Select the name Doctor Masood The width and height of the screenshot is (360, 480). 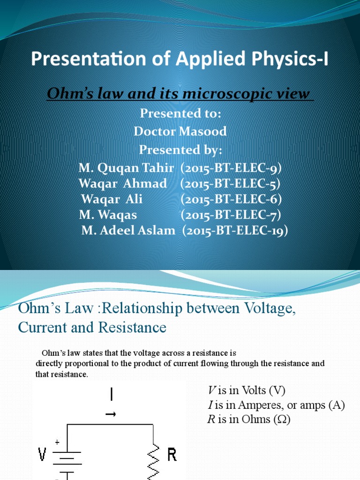[x=180, y=131]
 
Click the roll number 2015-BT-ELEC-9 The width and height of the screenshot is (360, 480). [x=231, y=168]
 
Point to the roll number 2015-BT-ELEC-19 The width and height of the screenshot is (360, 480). [x=235, y=231]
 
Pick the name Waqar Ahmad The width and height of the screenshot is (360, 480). [x=123, y=184]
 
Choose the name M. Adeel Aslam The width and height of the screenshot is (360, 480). [x=128, y=230]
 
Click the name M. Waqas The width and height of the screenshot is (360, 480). [x=108, y=215]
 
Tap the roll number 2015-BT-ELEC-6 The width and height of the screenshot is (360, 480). [x=231, y=199]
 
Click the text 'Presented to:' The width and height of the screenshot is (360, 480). [x=180, y=113]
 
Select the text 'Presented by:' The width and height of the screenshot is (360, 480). [x=180, y=150]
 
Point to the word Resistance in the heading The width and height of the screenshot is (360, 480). [x=132, y=327]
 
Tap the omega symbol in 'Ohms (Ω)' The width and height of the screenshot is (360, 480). [x=282, y=419]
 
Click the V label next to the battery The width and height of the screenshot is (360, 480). [x=42, y=454]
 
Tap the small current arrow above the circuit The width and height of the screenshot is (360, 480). [x=111, y=414]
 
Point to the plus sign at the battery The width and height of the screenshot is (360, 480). [x=57, y=442]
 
